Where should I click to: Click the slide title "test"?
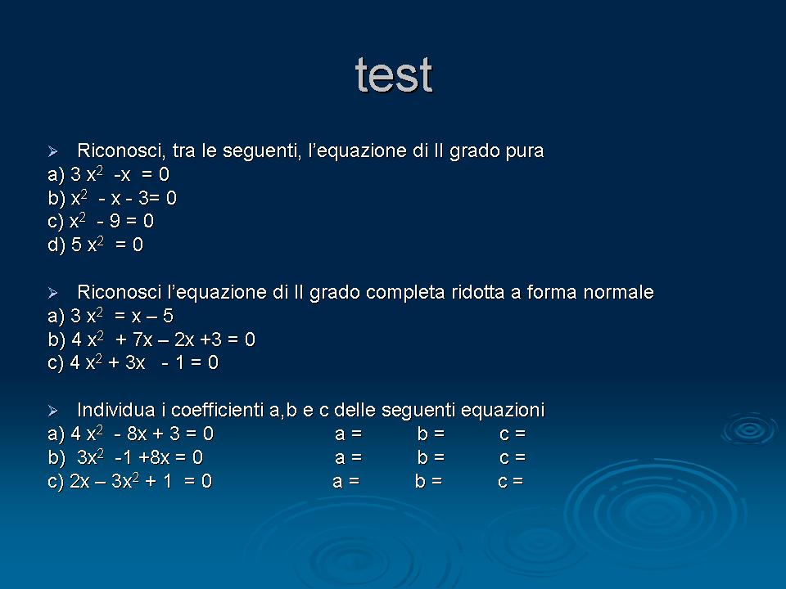pyautogui.click(x=394, y=75)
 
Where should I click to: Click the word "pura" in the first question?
pyautogui.click(x=525, y=152)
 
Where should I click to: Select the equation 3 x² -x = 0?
pyautogui.click(x=120, y=174)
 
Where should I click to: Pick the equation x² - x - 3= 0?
pyautogui.click(x=124, y=198)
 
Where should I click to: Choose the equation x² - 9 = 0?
pyautogui.click(x=111, y=221)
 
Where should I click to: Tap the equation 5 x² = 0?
pyautogui.click(x=106, y=245)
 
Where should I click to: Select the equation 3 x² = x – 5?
pyautogui.click(x=122, y=316)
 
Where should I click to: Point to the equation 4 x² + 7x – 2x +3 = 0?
pyautogui.click(x=163, y=339)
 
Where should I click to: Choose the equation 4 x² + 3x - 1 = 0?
pyautogui.click(x=144, y=362)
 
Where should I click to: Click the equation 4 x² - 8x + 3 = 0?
pyautogui.click(x=142, y=434)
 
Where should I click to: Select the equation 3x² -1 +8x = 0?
pyautogui.click(x=140, y=457)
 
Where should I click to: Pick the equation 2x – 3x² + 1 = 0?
pyautogui.click(x=141, y=481)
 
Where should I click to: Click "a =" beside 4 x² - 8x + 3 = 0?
pyautogui.click(x=349, y=434)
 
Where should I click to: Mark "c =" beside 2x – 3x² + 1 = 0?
pyautogui.click(x=511, y=482)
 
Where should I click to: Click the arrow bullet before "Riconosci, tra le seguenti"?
pyautogui.click(x=53, y=151)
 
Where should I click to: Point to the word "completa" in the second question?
pyautogui.click(x=405, y=293)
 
